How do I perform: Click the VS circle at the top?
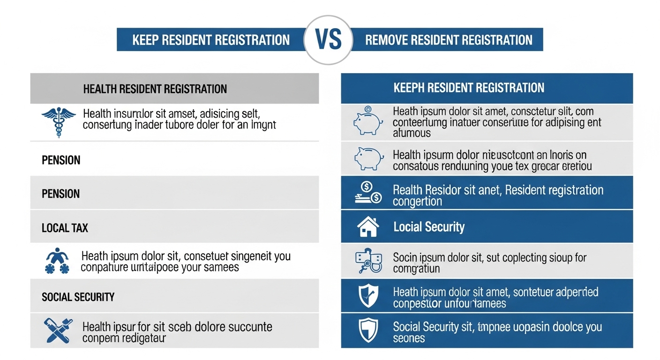click(329, 40)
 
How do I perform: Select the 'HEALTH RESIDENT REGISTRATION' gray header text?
click(155, 89)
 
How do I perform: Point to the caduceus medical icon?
click(59, 121)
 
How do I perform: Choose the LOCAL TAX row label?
click(65, 228)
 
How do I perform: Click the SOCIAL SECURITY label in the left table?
click(78, 297)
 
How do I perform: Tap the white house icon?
click(368, 227)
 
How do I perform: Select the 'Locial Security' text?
click(428, 227)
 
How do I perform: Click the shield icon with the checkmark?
click(368, 296)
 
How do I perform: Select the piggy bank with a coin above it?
click(368, 121)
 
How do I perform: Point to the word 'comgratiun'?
click(416, 270)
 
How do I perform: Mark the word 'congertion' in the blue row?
click(417, 202)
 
